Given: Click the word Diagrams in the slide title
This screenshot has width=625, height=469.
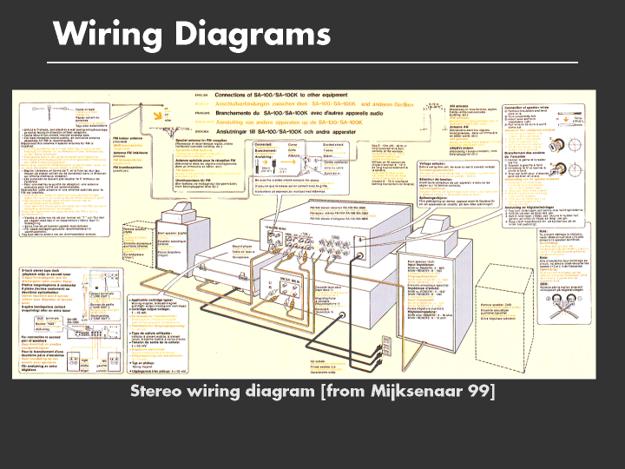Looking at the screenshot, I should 251,35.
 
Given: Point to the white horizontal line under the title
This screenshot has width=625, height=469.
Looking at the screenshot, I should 312,63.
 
